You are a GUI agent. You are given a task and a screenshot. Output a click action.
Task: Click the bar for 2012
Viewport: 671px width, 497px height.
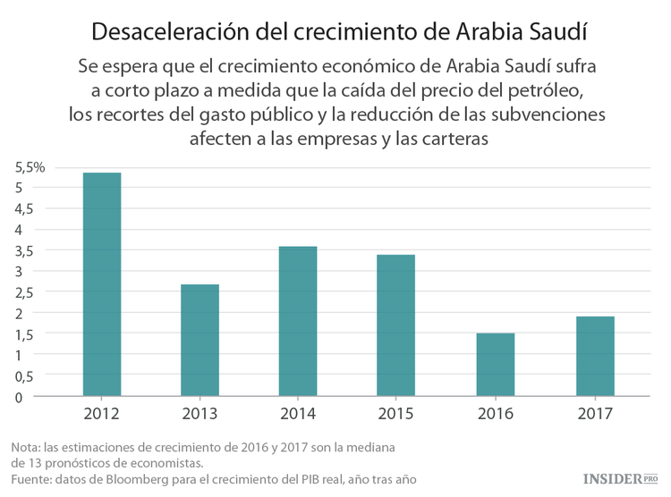tap(101, 284)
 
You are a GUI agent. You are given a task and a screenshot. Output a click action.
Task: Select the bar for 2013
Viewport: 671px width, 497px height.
tap(200, 340)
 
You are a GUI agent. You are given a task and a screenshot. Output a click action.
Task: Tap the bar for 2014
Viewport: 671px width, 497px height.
tap(298, 321)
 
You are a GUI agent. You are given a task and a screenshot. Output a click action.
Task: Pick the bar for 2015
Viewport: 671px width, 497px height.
tap(395, 325)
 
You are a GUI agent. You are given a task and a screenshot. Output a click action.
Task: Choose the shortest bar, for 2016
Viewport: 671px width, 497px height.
tap(495, 365)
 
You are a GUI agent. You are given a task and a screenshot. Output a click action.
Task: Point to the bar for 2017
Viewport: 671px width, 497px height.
tap(595, 356)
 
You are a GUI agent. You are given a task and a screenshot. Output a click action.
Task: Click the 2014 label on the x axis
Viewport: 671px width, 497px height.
tap(298, 414)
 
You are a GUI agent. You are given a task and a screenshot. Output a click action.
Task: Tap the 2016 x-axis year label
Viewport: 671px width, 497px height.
tap(495, 414)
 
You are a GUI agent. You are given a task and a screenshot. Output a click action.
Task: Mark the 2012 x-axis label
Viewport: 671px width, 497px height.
tap(101, 414)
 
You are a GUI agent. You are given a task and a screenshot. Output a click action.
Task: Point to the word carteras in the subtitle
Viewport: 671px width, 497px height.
tap(453, 139)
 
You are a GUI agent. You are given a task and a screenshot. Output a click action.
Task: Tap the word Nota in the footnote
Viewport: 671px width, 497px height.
tap(27, 447)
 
